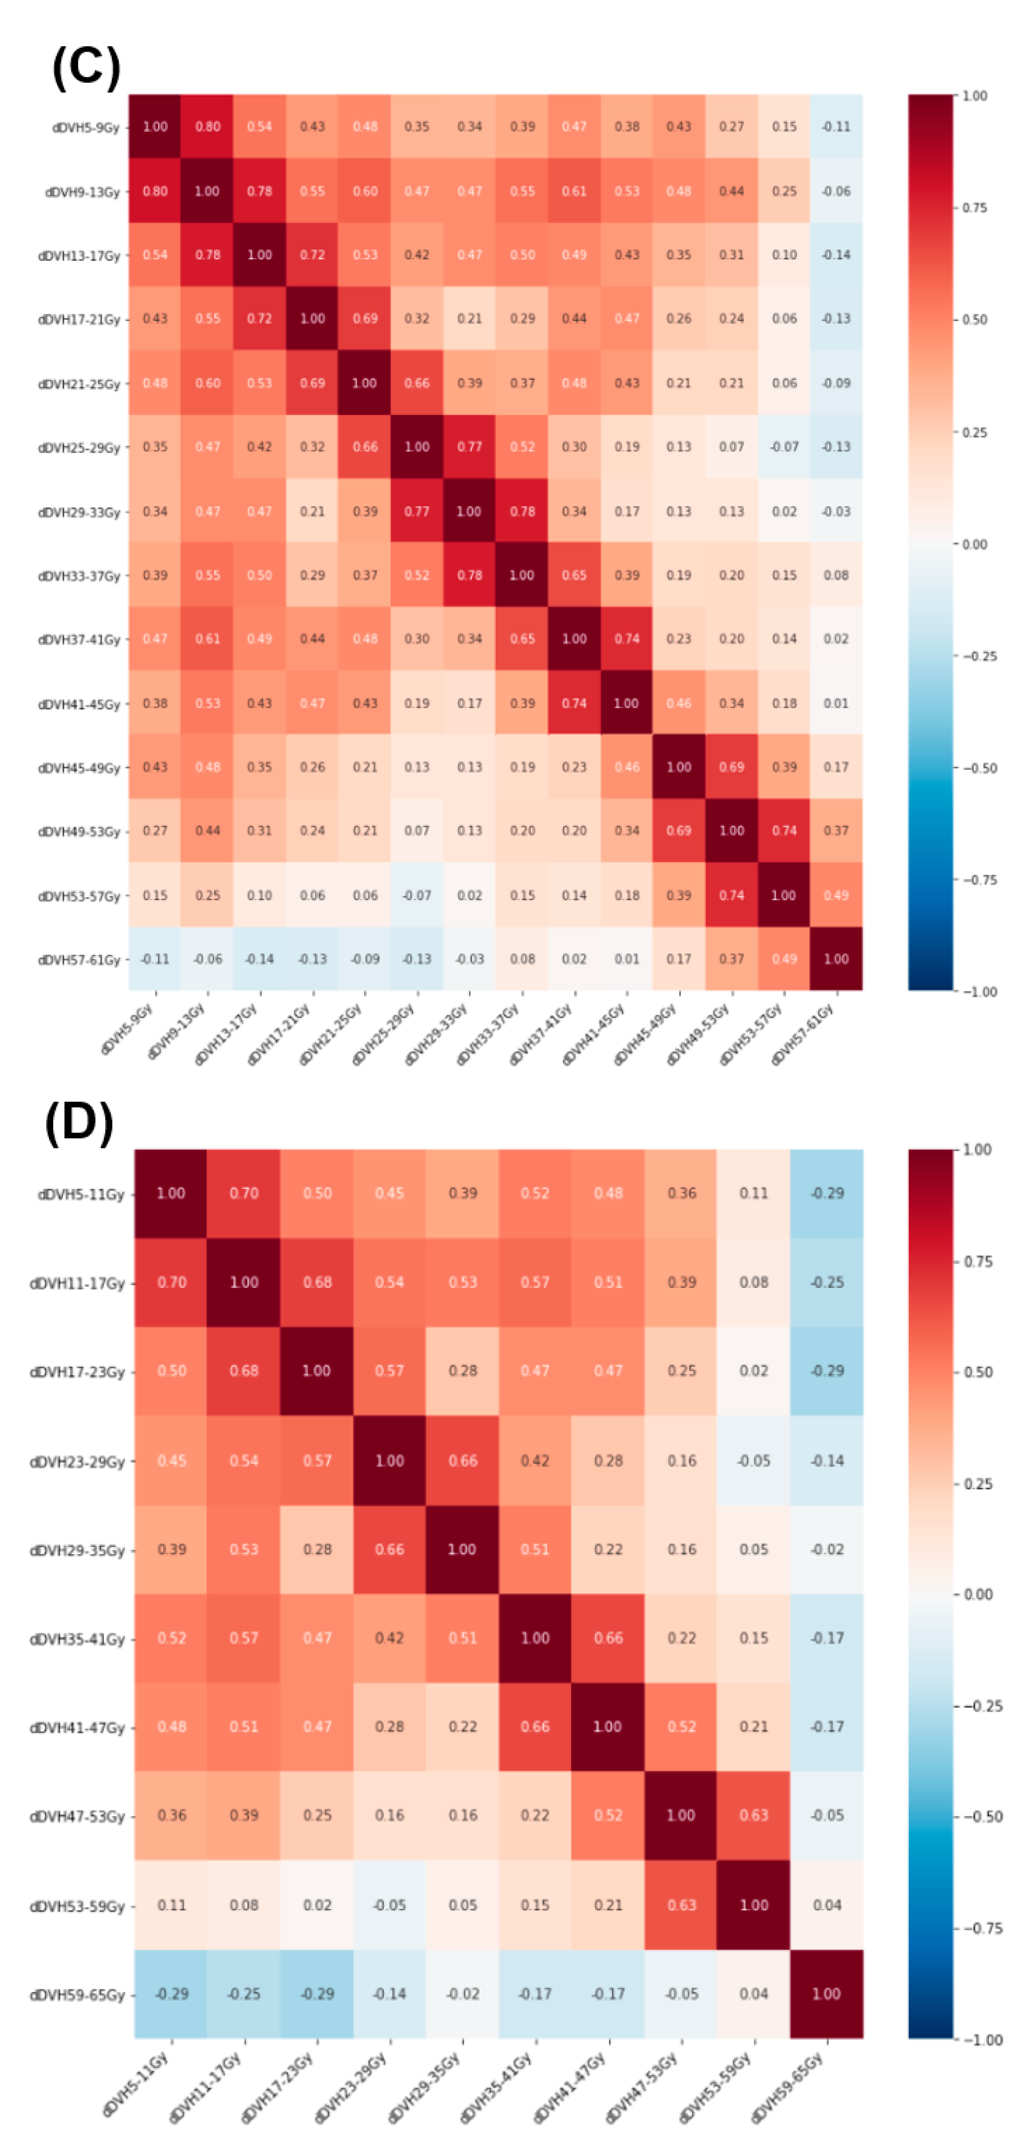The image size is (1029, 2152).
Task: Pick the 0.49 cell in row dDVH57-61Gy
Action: [x=784, y=959]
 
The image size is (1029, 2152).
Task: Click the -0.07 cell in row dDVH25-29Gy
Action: [x=784, y=447]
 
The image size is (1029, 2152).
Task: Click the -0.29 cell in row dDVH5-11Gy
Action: [x=827, y=1193]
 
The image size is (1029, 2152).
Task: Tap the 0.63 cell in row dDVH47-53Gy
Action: [x=753, y=1815]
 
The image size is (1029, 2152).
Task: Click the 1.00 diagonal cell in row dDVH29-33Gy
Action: [x=468, y=511]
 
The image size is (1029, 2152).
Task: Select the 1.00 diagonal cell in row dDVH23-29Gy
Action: [x=389, y=1460]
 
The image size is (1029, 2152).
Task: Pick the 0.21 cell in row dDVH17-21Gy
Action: [x=470, y=318]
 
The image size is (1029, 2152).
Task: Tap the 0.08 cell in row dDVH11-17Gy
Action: [x=753, y=1282]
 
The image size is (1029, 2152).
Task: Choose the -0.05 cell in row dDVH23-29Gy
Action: [x=753, y=1460]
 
